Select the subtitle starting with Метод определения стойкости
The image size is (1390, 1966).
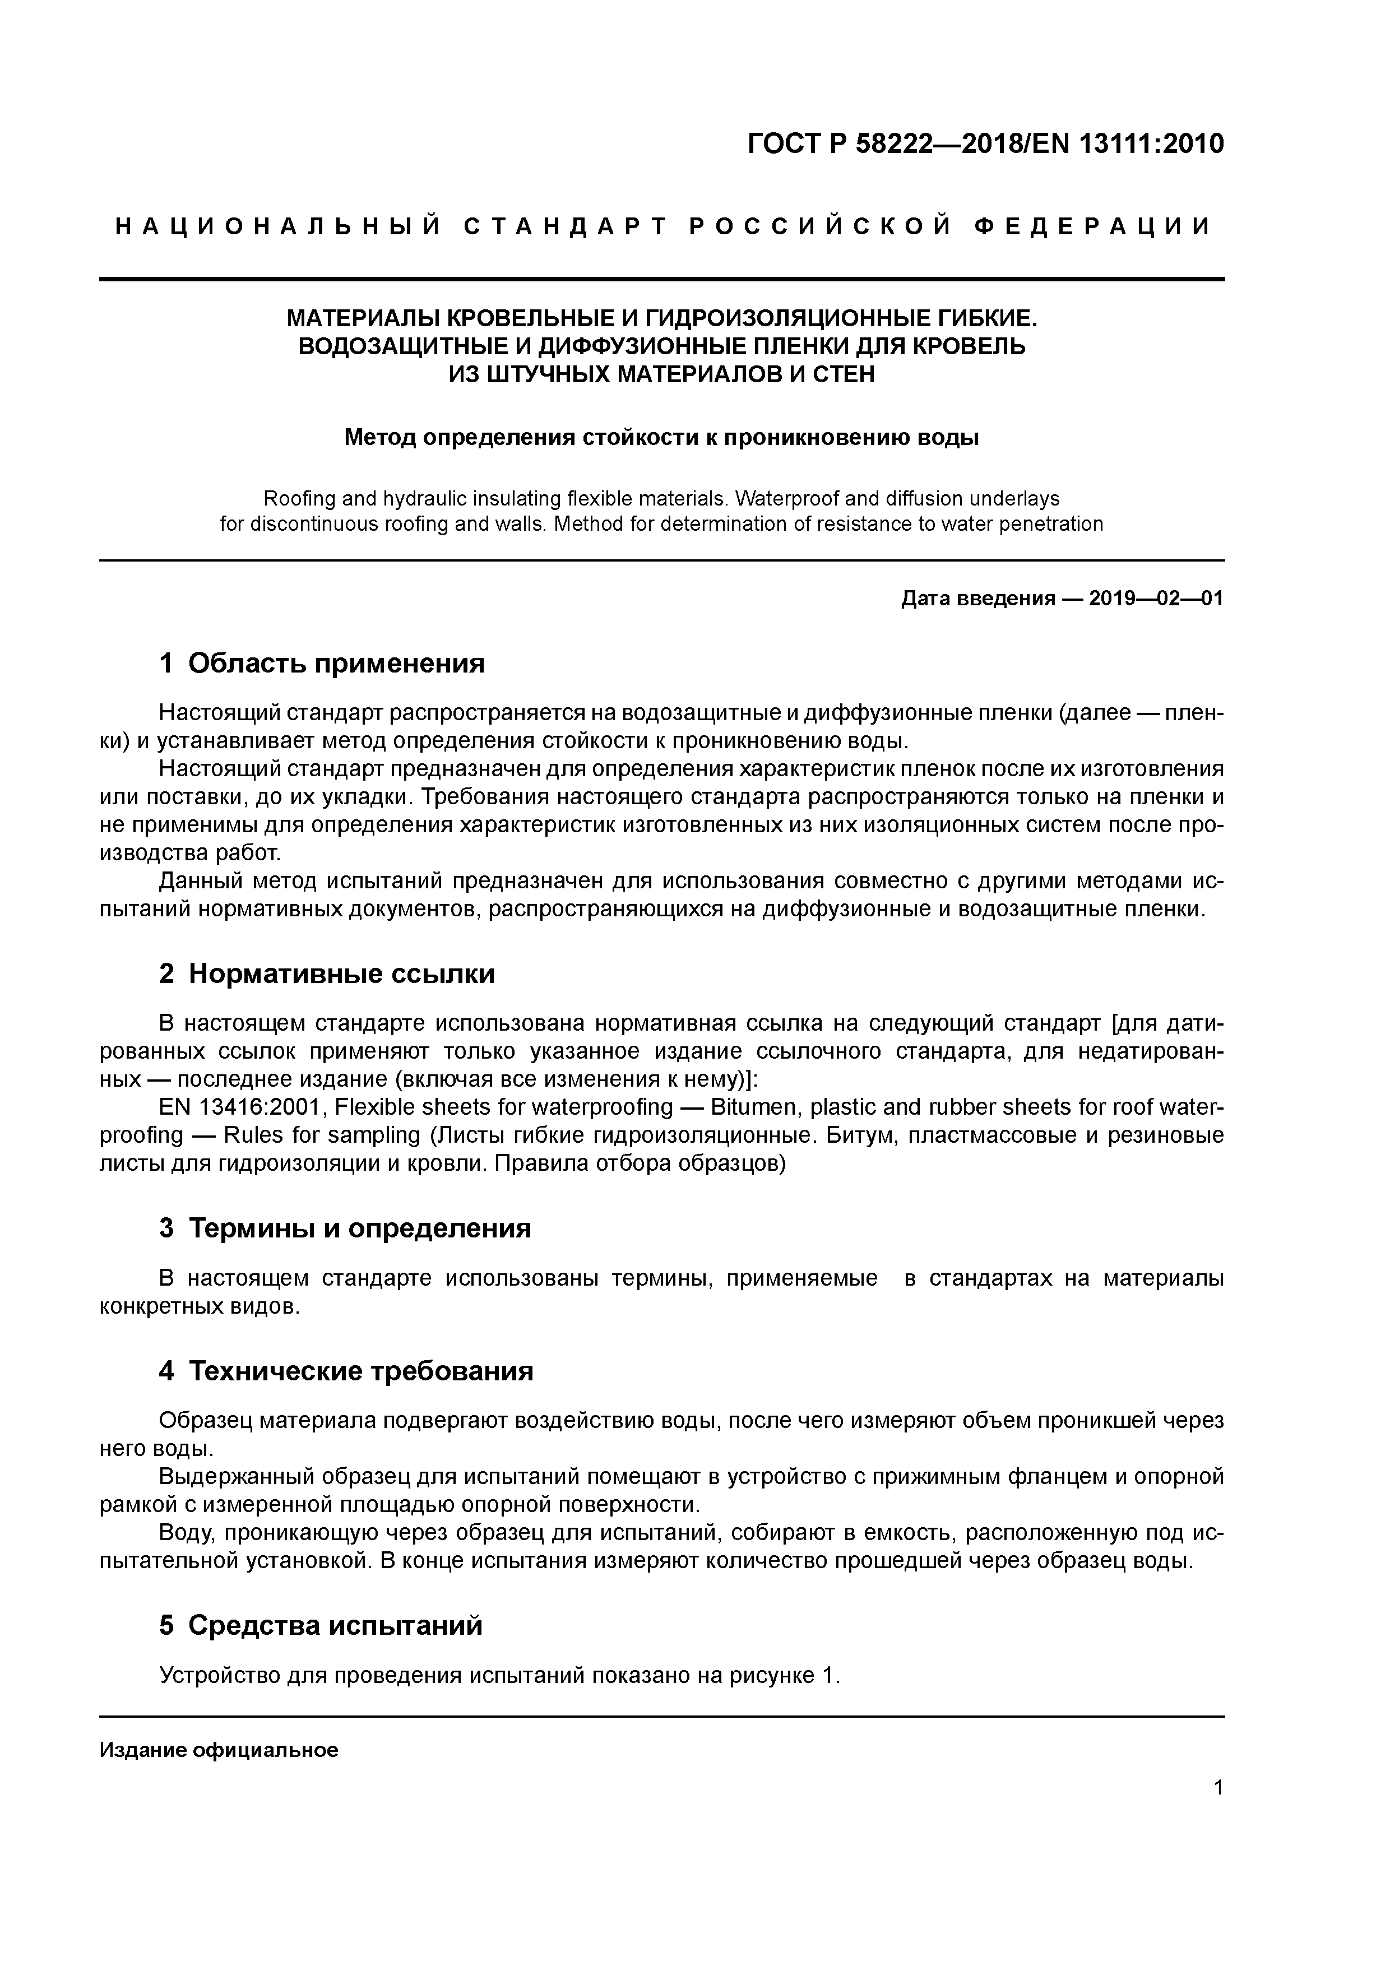[661, 438]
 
